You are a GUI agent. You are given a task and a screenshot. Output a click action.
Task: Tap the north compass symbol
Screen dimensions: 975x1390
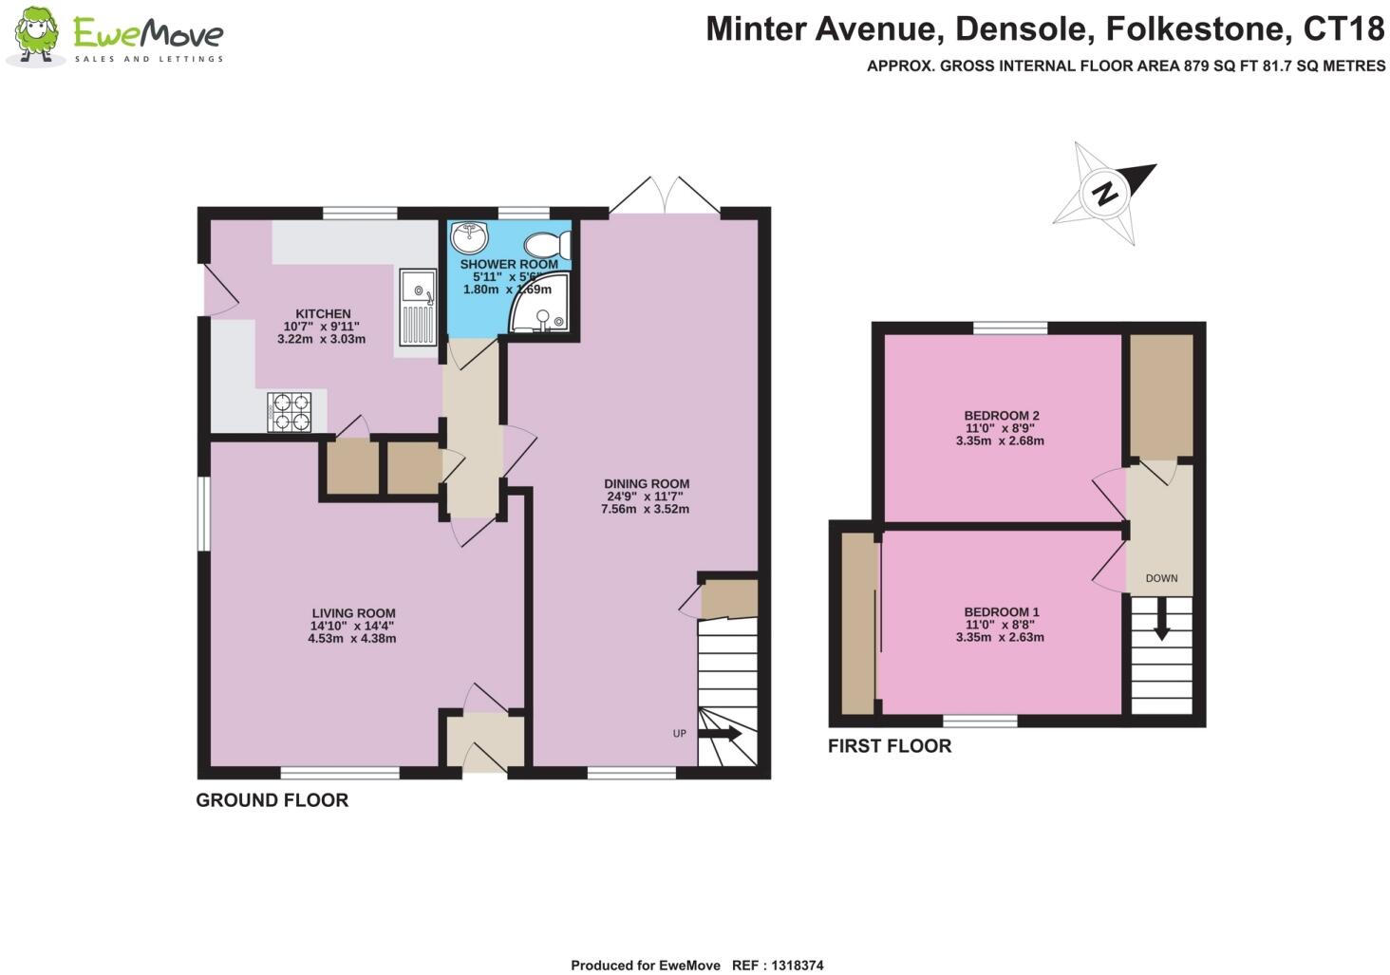(x=1105, y=194)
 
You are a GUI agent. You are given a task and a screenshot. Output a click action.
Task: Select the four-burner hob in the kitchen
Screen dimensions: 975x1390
(x=290, y=412)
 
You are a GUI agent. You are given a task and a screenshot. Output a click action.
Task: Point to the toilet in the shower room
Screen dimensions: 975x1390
(x=550, y=244)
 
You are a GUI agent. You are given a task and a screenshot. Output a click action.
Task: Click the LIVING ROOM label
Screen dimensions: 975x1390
(x=353, y=613)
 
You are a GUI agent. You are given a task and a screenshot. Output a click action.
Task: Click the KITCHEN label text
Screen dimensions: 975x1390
(x=323, y=314)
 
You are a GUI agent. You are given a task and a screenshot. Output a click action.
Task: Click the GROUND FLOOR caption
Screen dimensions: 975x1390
(x=272, y=800)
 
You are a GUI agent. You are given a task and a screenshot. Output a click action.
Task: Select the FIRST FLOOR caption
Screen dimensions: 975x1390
(x=889, y=746)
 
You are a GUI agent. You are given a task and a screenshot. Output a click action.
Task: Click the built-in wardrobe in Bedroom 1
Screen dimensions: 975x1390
(x=858, y=624)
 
